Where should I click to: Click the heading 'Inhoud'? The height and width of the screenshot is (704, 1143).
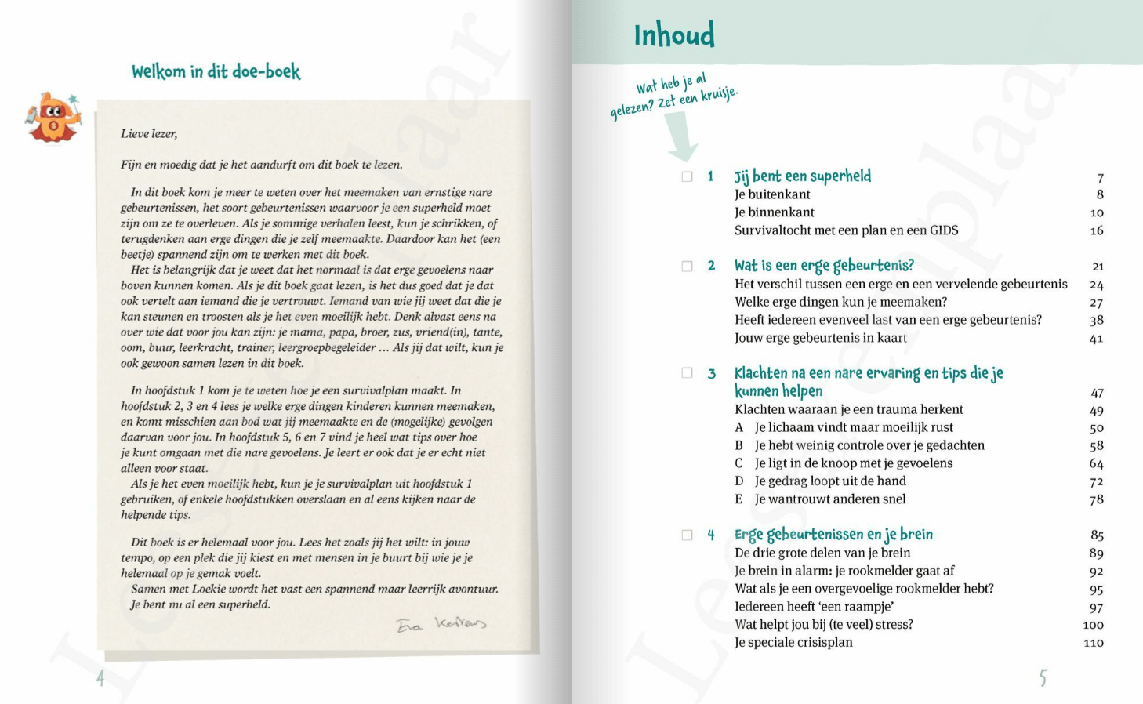[x=674, y=35]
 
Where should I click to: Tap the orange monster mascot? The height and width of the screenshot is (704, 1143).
[x=53, y=118]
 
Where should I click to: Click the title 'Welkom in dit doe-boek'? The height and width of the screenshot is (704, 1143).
[x=216, y=72]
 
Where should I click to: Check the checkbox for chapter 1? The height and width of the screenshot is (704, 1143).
[x=688, y=176]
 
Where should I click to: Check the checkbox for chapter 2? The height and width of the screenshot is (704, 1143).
[x=688, y=266]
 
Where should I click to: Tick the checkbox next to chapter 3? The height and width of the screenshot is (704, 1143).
[x=688, y=373]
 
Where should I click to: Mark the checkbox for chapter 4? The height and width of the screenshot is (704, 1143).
[x=688, y=535]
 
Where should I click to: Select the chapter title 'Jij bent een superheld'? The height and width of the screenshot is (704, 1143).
[x=802, y=176]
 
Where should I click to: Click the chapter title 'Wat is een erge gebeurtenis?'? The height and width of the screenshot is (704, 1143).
[x=824, y=266]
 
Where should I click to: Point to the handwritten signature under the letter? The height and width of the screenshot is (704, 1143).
[x=441, y=624]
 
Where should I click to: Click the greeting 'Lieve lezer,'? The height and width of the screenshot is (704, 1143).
[x=149, y=134]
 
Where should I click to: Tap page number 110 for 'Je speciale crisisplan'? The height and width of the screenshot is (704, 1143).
[x=1093, y=643]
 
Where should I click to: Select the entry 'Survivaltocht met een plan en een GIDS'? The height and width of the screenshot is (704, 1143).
[x=846, y=230]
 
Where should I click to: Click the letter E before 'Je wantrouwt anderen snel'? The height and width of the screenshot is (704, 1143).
[x=738, y=499]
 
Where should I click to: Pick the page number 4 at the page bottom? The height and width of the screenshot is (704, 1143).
[x=100, y=677]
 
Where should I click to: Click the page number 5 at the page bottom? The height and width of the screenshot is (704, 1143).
[x=1043, y=677]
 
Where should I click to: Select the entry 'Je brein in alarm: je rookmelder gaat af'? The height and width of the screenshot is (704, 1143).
[x=844, y=571]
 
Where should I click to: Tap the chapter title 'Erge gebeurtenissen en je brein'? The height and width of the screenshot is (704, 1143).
[x=833, y=535]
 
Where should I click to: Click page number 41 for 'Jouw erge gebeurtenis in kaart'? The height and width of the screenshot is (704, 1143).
[x=1096, y=339]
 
